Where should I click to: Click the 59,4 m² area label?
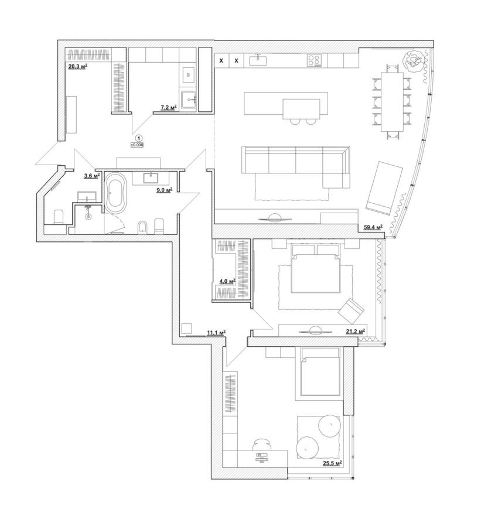point(373,227)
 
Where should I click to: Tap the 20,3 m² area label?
point(77,66)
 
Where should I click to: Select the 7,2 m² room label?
point(169,107)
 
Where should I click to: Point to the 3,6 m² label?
point(92,176)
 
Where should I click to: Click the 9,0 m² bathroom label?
point(165,190)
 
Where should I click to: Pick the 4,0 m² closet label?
point(227,281)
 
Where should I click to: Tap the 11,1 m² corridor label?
point(216,333)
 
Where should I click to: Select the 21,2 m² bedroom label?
point(356,331)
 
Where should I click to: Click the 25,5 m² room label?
point(332,464)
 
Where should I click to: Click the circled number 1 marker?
point(139,138)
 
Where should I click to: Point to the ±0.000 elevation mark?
point(137,145)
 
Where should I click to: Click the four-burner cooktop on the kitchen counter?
point(314,60)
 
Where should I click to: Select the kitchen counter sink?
point(258,60)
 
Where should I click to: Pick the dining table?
point(393,101)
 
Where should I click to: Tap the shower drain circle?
point(88,217)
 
